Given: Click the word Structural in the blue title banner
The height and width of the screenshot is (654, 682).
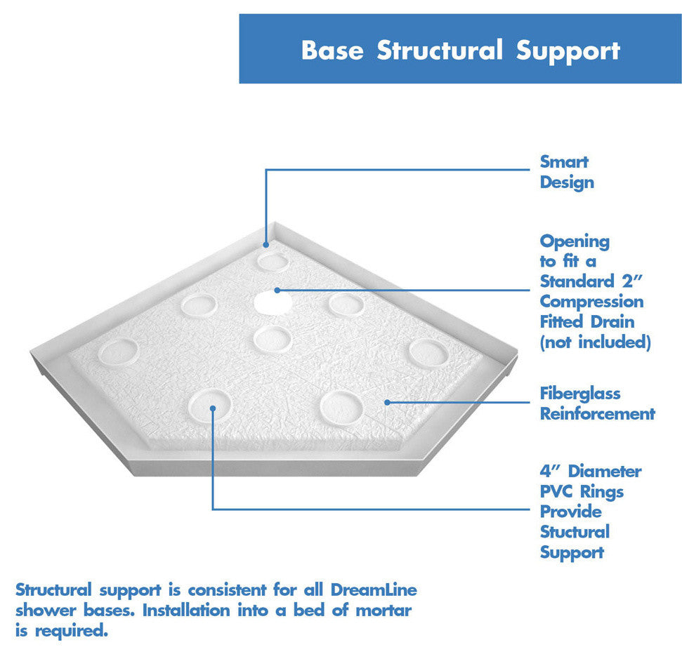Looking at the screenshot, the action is pos(439,50).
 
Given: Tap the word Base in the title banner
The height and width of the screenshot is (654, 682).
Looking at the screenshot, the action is pos(332,50).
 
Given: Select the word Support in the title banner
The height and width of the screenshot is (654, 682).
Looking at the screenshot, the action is pos(568,52).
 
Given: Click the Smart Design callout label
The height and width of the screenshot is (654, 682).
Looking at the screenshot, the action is pos(567,172).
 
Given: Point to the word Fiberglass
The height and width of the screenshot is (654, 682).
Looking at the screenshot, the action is pos(580,394).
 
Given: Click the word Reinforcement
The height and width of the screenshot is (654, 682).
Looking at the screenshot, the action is pos(598,414).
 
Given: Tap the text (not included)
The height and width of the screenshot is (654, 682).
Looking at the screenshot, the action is pos(596,342).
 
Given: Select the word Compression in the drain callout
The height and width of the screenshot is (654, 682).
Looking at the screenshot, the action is pos(591,302).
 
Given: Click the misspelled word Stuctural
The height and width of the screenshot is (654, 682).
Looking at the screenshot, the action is pos(575,532).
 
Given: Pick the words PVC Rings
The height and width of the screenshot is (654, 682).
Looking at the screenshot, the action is pos(582,492).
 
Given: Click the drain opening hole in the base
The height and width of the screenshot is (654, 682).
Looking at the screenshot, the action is pos(273,302).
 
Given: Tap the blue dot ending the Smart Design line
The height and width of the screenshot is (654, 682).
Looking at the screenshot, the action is pos(266,245).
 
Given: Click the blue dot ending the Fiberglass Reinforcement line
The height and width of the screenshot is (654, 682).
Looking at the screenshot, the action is pos(387,402).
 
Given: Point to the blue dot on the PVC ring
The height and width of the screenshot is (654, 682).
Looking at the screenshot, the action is pos(213,408).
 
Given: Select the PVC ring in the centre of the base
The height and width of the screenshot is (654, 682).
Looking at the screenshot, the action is pos(273,339).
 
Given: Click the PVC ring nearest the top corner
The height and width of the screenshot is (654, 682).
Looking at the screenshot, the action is pos(273,262).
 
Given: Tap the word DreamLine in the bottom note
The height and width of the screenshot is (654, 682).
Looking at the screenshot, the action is pos(374,590).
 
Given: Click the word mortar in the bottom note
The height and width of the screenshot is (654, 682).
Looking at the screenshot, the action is pos(383,610).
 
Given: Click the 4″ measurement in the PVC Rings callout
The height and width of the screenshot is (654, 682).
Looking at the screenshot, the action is pos(549,471).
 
